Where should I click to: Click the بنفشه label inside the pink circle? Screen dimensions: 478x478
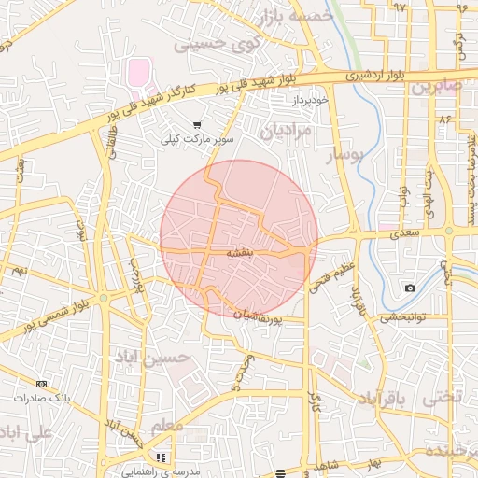(x=239, y=252)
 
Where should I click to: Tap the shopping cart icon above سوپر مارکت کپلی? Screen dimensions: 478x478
(x=196, y=124)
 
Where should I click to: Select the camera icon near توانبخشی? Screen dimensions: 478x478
(x=410, y=288)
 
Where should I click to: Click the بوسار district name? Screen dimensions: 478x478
(x=341, y=161)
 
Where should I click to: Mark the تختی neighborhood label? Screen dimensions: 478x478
(x=443, y=397)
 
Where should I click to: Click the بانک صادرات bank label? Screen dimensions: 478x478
(x=42, y=398)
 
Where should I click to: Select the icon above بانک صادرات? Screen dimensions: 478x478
(x=41, y=384)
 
